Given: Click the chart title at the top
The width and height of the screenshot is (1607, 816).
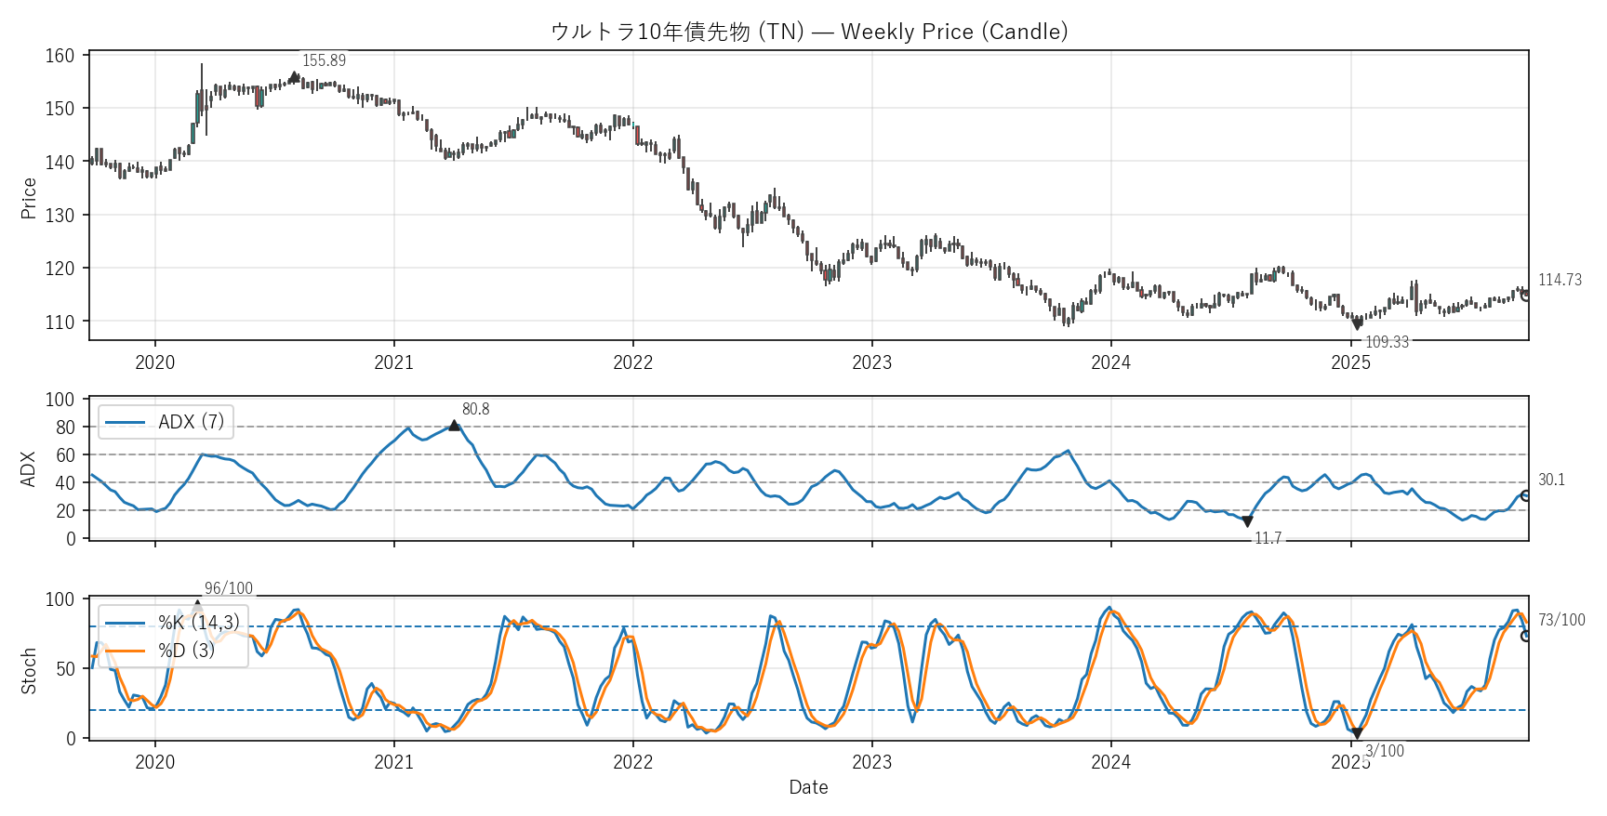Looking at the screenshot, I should coord(808,32).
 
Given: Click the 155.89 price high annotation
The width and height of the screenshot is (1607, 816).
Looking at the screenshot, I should coord(324,60).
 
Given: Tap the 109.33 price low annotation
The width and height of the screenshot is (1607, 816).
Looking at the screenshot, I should coord(1387,342).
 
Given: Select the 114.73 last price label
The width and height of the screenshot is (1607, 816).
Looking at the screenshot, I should coord(1560,280).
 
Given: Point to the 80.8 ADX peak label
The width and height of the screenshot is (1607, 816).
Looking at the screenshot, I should coord(475,409).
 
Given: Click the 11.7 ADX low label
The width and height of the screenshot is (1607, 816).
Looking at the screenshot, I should coord(1268,539).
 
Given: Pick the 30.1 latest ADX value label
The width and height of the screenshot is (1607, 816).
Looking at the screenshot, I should coord(1551,480).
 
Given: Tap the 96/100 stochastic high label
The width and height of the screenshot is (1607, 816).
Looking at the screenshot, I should coord(229,588).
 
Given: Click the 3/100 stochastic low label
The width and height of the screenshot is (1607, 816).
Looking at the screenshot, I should coord(1384,751).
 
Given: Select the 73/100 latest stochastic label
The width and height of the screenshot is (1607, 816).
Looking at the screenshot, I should coord(1561,620).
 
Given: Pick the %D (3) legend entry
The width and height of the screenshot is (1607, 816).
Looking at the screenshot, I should coord(186,651).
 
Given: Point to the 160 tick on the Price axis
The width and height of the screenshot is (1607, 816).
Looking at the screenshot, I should coord(60,56).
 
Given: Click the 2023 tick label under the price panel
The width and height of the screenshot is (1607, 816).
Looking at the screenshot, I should coord(871,362).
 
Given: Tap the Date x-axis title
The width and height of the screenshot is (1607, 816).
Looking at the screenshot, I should coord(808,787).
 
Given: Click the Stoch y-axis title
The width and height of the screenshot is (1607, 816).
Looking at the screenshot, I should coord(29,670).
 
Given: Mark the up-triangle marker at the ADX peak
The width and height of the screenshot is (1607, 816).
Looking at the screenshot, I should coord(454,425).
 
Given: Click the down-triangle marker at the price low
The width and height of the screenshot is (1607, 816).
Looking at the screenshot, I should coord(1357,324).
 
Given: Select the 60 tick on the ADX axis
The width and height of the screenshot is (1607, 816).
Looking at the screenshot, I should coord(65,455).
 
